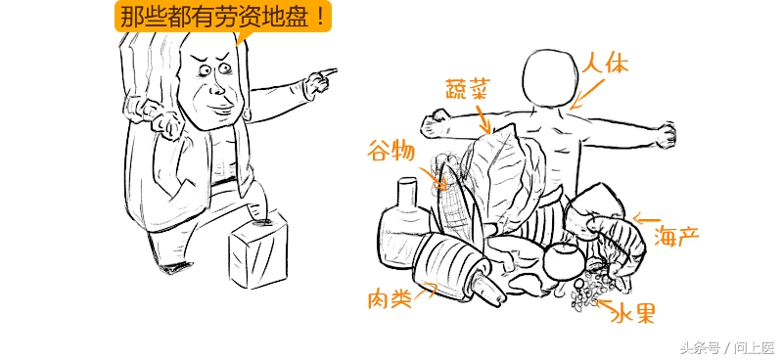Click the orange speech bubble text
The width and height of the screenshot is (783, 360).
[223, 17]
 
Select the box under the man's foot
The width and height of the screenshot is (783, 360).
[259, 248]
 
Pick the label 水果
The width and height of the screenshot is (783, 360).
[632, 313]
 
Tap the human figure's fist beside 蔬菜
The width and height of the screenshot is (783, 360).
[432, 125]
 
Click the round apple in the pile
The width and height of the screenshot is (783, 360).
[562, 260]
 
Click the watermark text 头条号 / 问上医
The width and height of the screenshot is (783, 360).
[725, 347]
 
